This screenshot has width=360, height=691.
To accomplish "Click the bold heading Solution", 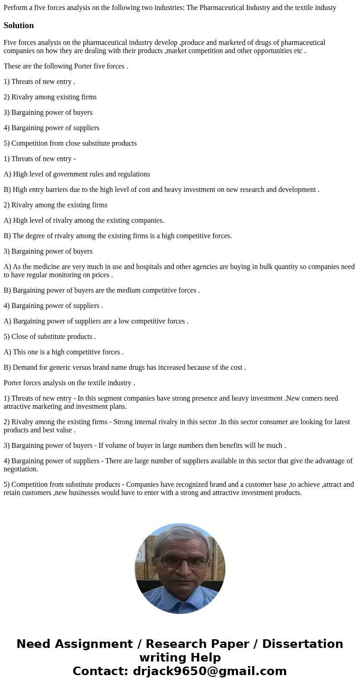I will [x=19, y=25].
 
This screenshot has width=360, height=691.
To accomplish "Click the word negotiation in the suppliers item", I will [x=21, y=469].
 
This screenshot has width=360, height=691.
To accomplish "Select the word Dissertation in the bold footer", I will [x=302, y=644].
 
